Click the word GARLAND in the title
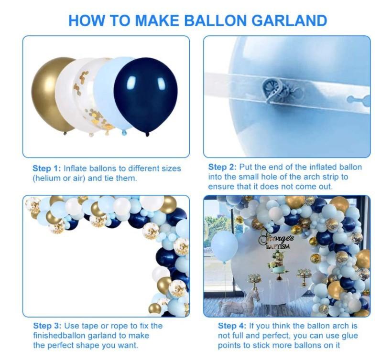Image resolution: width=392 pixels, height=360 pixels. [289, 21]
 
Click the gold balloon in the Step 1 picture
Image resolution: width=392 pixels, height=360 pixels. [51, 95]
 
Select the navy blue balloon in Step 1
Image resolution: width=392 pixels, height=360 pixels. [145, 95]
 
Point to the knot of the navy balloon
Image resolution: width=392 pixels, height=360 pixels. [147, 135]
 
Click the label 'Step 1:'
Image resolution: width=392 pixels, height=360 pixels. [47, 169]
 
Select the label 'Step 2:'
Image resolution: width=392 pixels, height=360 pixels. [222, 167]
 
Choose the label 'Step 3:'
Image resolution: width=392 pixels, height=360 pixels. [47, 326]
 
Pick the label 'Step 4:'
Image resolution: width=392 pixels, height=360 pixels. [232, 326]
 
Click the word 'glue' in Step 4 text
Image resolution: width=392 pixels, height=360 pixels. [349, 336]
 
